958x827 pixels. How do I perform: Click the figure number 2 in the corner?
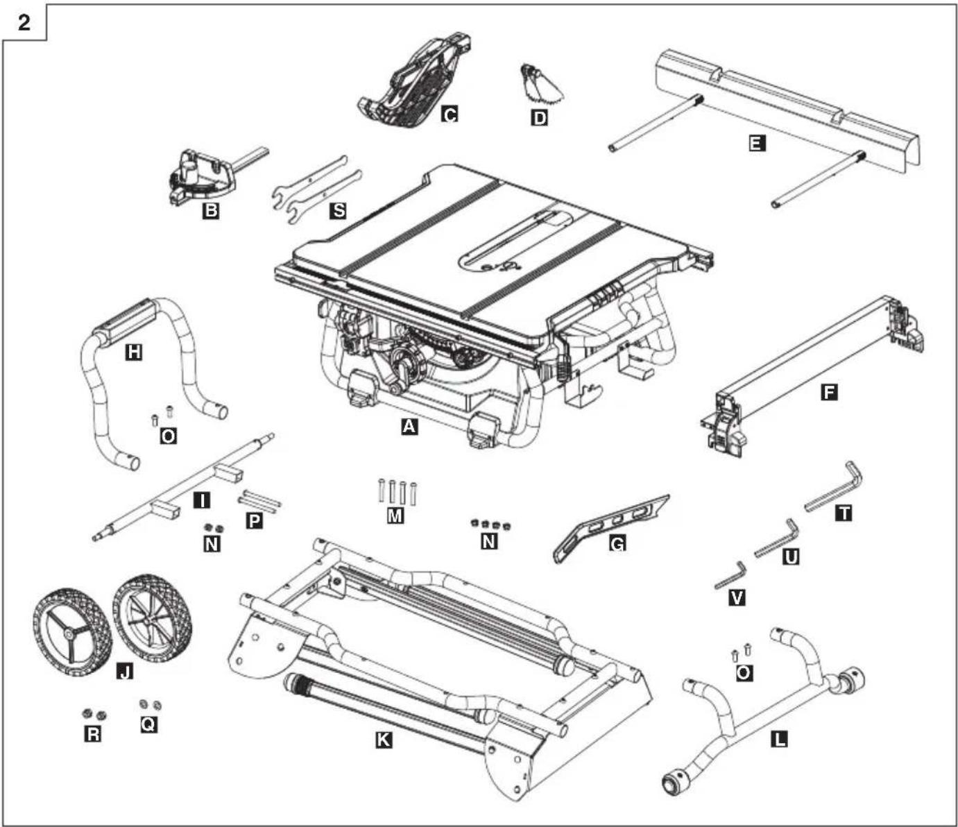coord(24,22)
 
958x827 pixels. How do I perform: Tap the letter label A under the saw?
coord(409,426)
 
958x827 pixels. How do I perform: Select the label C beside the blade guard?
coord(449,114)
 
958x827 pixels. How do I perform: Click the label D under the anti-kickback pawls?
coord(539,118)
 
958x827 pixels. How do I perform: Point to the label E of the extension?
coord(758,143)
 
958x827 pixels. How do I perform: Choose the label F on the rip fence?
coord(829,393)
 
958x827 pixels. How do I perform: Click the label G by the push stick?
coord(618,543)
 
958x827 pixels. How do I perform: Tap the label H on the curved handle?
coord(134,352)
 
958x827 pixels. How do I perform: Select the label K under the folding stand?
coord(384,740)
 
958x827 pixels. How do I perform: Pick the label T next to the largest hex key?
coord(844,513)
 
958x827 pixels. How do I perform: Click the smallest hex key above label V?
coord(730,575)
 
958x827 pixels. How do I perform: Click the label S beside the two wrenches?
coord(339,210)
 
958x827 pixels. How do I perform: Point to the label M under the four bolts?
coord(395,516)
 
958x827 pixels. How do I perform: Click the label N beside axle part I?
coord(212,544)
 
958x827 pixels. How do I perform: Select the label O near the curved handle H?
coord(169,436)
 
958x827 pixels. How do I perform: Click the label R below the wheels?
coord(93,734)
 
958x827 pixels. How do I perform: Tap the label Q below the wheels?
coord(148,724)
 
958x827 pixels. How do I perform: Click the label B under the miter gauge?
coord(211,211)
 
